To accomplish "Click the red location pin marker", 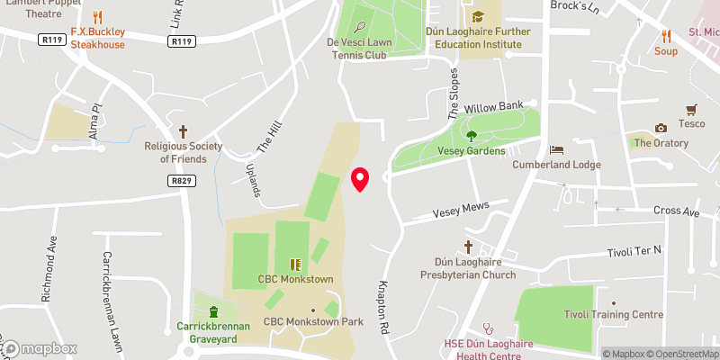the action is [360, 179].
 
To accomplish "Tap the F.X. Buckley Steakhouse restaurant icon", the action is [98, 17].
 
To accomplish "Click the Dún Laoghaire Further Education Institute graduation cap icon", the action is [478, 16].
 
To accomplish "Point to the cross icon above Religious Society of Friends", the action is [183, 130].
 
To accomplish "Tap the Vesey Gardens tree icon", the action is [471, 136].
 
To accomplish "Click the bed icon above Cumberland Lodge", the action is [556, 149].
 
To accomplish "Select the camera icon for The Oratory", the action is [661, 128].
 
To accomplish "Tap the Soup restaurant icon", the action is [666, 36].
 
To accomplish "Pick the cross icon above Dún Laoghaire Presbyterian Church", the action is [468, 246].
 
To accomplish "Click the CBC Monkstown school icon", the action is [294, 265].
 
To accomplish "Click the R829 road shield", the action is [181, 181].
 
